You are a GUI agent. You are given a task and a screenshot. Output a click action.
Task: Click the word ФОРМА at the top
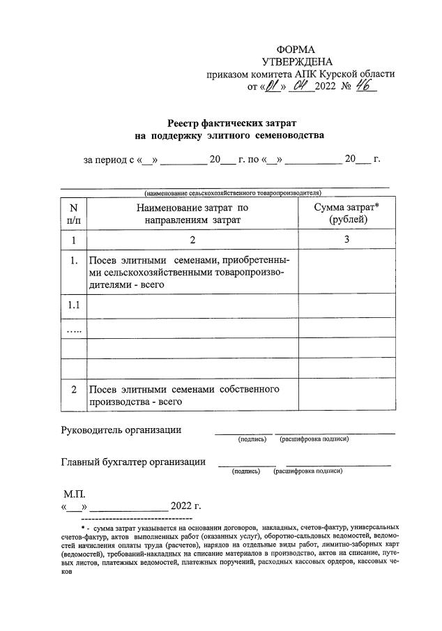[296, 50]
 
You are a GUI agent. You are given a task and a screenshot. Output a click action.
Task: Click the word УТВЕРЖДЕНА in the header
[296, 62]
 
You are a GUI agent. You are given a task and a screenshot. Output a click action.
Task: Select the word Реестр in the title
[188, 122]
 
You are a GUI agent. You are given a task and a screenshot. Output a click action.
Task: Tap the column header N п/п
[73, 213]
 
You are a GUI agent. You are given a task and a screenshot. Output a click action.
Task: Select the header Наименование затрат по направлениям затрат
[192, 213]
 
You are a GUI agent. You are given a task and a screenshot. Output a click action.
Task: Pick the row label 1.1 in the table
[73, 305]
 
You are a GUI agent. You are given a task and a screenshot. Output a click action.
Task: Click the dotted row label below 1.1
[73, 328]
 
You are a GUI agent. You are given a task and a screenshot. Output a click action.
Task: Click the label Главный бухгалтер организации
[133, 462]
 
